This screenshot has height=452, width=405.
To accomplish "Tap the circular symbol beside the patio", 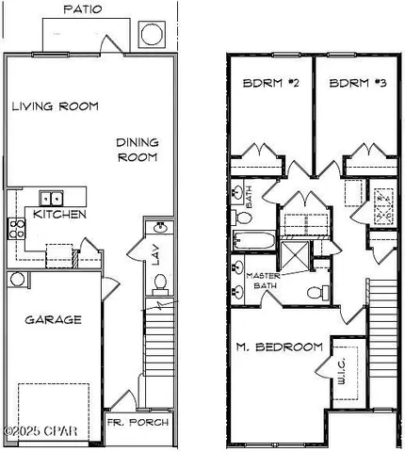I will point(153,35).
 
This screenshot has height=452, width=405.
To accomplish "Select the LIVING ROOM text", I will point(56,106).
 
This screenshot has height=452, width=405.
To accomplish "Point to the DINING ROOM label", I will point(137,150).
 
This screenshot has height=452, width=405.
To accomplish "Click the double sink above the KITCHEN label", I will point(53,198).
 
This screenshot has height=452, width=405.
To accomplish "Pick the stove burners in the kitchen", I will point(16,226).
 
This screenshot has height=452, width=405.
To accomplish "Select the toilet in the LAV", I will point(160,281).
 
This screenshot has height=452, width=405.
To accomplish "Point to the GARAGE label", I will point(51,319).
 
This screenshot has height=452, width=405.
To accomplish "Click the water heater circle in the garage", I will point(16,280).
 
